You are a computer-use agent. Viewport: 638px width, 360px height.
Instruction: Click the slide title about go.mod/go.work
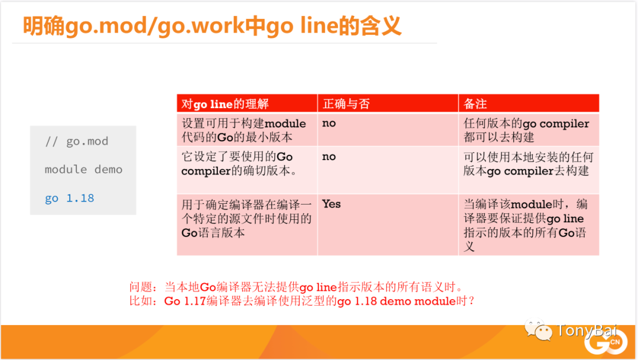pyautogui.click(x=212, y=25)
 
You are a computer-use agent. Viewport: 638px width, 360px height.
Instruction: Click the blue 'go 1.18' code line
pyautogui.click(x=70, y=199)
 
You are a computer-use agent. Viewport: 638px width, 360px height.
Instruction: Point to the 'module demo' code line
pyautogui.click(x=83, y=170)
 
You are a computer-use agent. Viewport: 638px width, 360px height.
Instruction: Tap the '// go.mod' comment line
pyautogui.click(x=76, y=141)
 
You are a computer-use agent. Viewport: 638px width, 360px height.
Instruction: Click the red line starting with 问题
pyautogui.click(x=297, y=287)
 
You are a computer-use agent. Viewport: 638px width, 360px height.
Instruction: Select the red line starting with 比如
pyautogui.click(x=302, y=301)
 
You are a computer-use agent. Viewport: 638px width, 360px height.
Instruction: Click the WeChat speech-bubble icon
pyautogui.click(x=538, y=330)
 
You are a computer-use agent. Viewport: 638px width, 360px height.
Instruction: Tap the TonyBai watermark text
pyautogui.click(x=587, y=330)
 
